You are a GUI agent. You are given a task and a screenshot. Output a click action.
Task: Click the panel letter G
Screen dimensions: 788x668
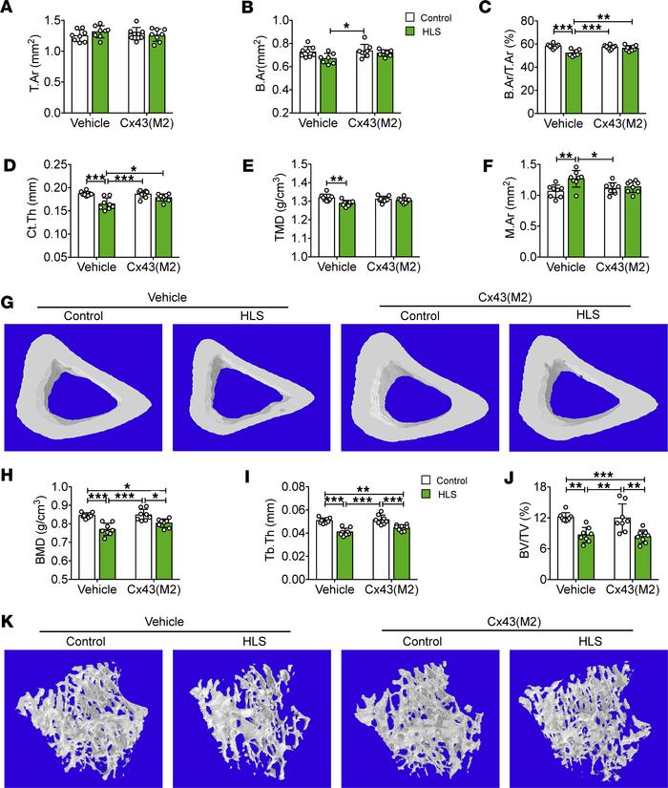coord(10,302)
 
